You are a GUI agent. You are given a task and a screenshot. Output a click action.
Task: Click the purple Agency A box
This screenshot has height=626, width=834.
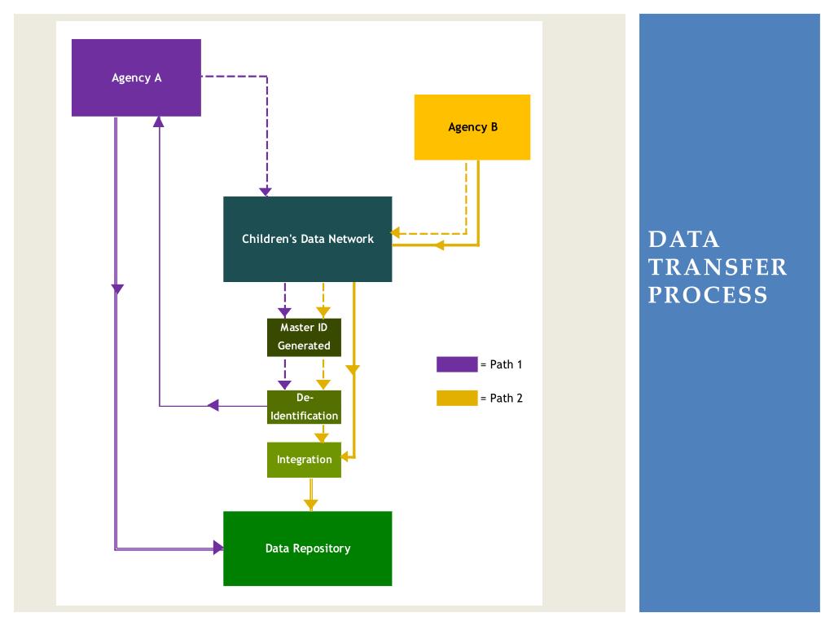coord(136,77)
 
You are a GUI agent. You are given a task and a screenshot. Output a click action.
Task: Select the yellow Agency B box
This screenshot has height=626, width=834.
coord(472,127)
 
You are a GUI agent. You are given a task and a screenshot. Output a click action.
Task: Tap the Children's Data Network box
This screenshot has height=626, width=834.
coord(307,239)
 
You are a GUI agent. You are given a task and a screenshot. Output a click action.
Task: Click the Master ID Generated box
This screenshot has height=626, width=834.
coord(304,337)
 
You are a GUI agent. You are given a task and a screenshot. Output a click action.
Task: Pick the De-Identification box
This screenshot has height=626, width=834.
coord(304,408)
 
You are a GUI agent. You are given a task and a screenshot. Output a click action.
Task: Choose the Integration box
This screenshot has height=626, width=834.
coord(304,460)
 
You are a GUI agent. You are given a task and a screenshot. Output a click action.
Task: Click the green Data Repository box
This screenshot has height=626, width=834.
coord(307,549)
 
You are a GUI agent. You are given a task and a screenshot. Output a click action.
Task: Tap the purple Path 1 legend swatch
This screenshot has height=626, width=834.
coord(457,364)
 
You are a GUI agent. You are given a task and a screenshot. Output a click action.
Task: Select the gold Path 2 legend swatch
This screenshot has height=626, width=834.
coord(457,398)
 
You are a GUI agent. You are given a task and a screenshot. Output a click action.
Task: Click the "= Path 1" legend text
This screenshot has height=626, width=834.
coord(501,364)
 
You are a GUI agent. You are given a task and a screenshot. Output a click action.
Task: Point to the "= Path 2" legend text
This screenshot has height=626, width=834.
coord(501,398)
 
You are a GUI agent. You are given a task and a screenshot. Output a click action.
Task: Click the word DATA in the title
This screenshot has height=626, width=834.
coord(684,240)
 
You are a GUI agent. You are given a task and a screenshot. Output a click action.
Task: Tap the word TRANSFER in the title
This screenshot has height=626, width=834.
coord(718,267)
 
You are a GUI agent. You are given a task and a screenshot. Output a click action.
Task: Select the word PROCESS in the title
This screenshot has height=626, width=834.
coord(708,295)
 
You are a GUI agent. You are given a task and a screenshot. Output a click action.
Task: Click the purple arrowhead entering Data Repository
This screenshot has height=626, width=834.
coord(218,547)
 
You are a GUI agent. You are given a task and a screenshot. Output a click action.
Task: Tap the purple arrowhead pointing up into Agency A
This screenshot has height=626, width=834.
coord(159,122)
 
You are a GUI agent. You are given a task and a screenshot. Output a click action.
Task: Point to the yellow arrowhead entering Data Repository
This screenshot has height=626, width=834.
coord(310,505)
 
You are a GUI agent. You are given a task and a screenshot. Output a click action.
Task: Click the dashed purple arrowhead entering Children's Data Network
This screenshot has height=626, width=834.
coord(266,192)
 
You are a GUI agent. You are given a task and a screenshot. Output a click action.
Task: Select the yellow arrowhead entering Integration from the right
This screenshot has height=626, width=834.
coord(345,456)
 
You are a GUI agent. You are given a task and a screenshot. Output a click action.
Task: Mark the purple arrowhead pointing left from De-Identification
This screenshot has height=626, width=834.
coord(213,406)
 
